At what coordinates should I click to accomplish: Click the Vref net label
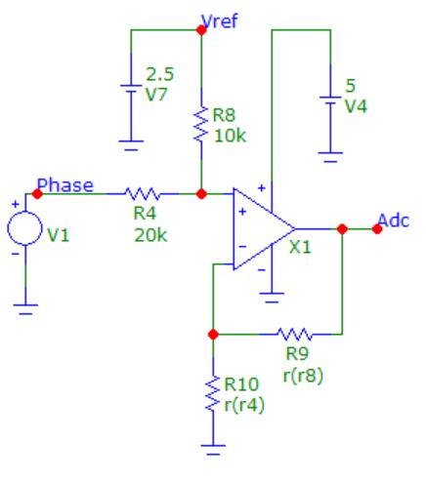point(218,20)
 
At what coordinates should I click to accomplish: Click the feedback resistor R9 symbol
point(292,333)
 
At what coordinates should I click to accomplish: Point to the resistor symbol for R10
point(213,395)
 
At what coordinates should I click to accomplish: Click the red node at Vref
point(200,28)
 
